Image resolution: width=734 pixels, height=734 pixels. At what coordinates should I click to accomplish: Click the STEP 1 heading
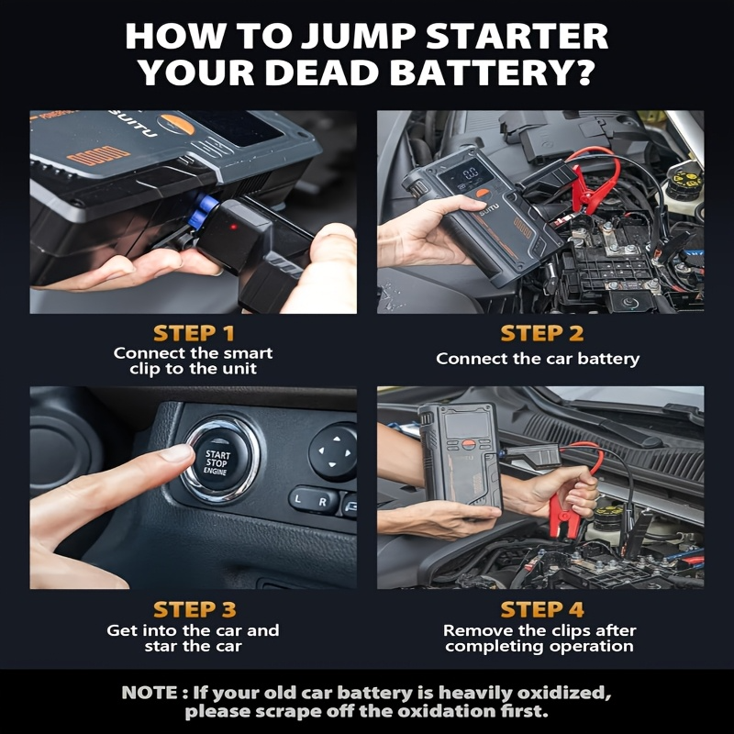pos(194,333)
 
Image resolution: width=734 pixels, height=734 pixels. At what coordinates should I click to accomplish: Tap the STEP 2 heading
pos(542,333)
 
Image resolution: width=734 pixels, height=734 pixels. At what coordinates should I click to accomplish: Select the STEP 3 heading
pos(195,609)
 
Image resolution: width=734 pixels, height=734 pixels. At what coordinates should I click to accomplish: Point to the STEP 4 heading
pos(542,609)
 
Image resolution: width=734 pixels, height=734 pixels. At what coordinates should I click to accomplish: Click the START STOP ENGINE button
pos(218,461)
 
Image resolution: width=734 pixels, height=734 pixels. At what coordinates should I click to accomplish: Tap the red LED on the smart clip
pos(233,227)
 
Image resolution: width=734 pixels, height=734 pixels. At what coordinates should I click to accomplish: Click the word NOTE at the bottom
pos(150,693)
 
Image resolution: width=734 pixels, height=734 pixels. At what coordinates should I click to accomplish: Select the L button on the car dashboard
pos(297,499)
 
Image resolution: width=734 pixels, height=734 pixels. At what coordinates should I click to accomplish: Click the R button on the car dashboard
pos(323,502)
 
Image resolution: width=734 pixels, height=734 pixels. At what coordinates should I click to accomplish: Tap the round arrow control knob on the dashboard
pos(333,452)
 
